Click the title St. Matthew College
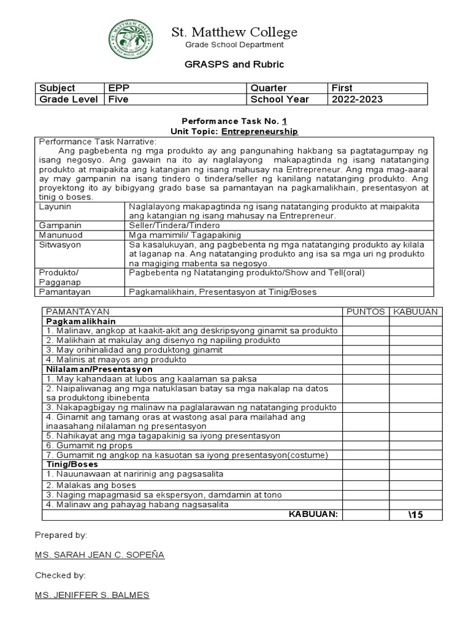click(235, 32)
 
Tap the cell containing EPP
click(119, 88)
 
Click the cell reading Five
click(118, 99)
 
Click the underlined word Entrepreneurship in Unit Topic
click(259, 131)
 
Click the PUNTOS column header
click(366, 312)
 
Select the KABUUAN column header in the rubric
click(415, 312)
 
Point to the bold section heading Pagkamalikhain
click(81, 321)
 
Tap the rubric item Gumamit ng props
click(90, 445)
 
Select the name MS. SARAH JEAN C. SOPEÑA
click(99, 555)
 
